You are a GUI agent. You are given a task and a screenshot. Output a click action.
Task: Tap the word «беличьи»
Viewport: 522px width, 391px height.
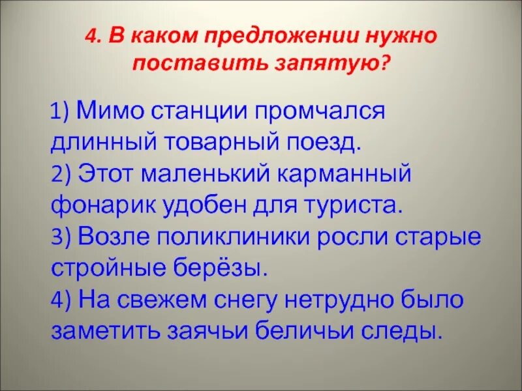point(305,331)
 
